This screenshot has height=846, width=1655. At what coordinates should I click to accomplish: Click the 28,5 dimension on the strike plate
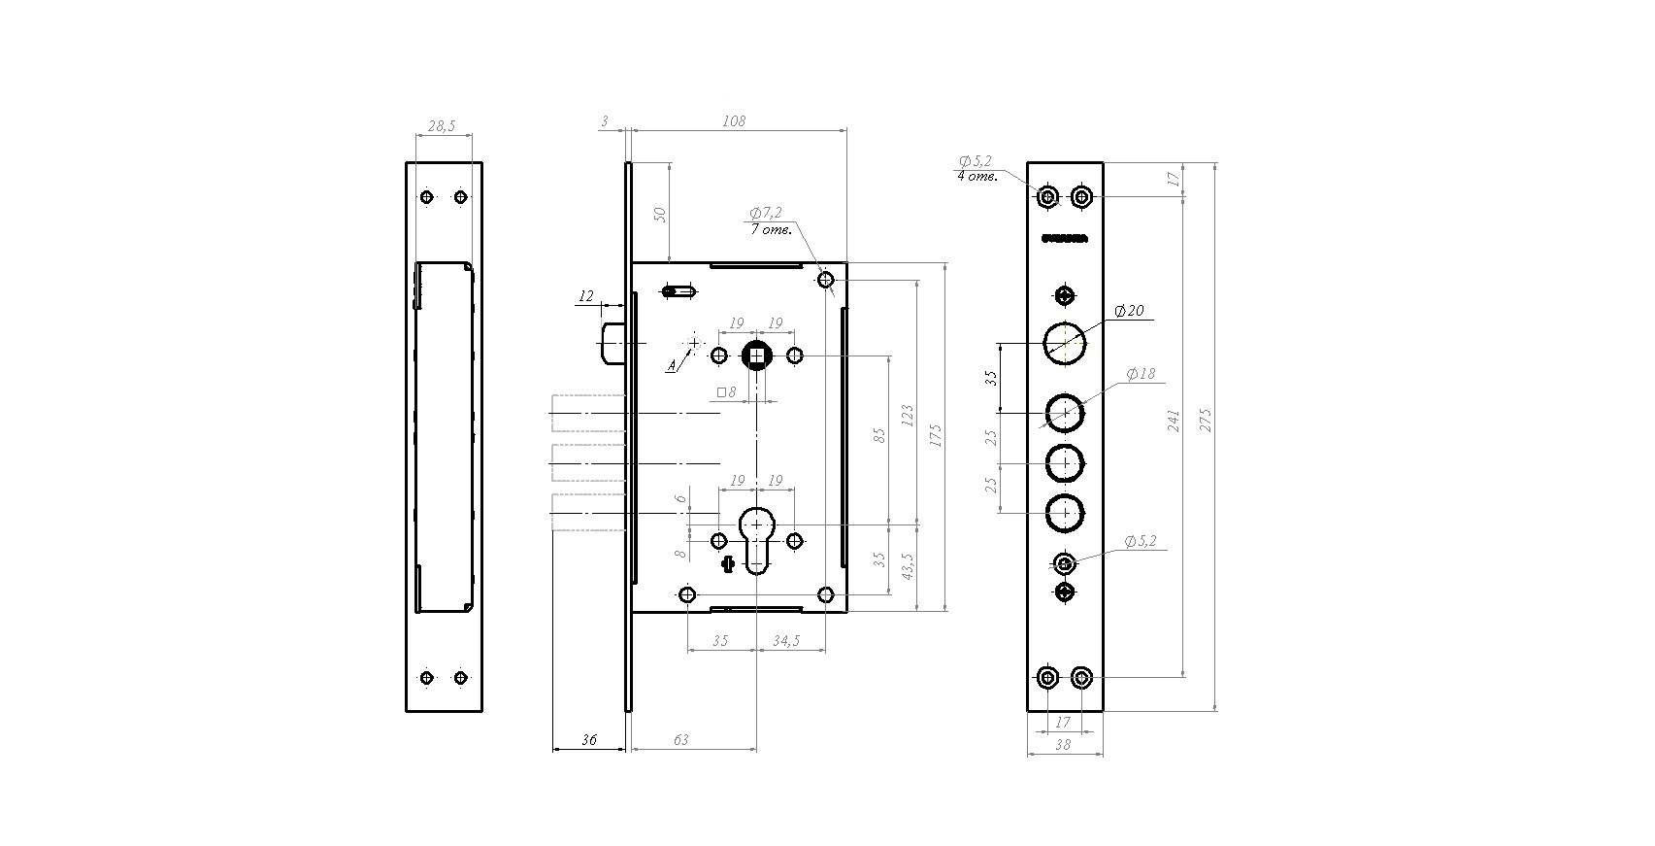[x=442, y=126]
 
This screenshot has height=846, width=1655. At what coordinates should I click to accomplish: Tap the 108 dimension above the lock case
[x=734, y=121]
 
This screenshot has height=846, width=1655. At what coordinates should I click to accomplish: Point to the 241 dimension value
[x=1174, y=421]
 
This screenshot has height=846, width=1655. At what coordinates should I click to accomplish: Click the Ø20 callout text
[x=1129, y=311]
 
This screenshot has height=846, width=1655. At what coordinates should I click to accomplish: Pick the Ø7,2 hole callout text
[x=765, y=213]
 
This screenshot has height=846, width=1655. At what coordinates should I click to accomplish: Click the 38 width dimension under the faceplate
[x=1063, y=744]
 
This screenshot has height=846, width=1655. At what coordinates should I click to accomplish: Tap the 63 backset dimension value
[x=680, y=740]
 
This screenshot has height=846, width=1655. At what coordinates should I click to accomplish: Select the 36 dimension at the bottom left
[x=588, y=740]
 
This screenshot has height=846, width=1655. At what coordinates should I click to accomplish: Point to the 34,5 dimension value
[x=785, y=641]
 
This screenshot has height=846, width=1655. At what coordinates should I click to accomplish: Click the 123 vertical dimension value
[x=908, y=416]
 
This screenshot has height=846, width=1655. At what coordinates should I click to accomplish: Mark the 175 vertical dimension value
[x=936, y=433]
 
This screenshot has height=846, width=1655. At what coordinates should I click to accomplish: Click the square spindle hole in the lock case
[x=756, y=356]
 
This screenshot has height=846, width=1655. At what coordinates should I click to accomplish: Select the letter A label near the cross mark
[x=670, y=366]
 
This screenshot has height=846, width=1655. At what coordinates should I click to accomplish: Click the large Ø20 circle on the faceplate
[x=1065, y=341]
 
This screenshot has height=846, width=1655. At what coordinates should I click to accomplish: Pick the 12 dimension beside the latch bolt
[x=585, y=296]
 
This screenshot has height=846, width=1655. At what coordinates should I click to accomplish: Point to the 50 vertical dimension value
[x=661, y=214]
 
